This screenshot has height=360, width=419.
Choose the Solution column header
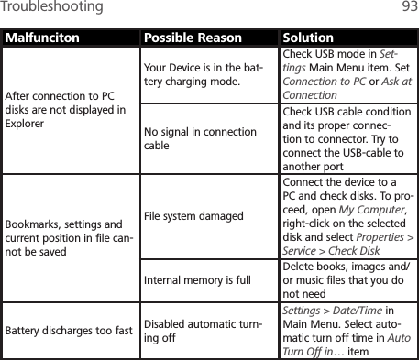coord(308,38)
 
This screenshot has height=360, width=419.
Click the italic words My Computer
coord(360,207)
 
